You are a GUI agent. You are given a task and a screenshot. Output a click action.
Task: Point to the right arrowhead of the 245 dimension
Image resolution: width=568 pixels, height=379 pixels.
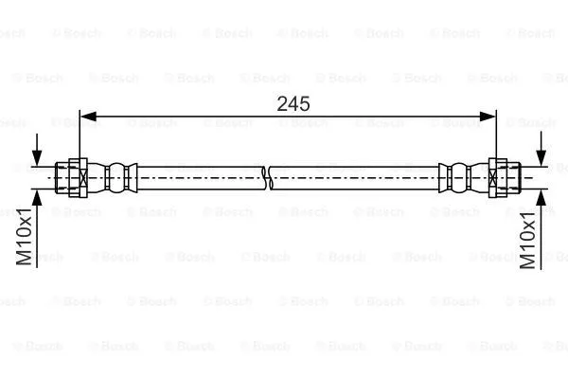[x=489, y=117]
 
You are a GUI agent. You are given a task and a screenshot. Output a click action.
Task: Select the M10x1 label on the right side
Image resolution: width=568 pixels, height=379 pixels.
[x=529, y=243]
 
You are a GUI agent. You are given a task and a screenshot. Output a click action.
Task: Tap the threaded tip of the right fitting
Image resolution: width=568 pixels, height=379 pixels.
[x=512, y=176]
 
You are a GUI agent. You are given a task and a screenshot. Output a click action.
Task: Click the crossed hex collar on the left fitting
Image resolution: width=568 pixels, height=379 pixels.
[x=81, y=176]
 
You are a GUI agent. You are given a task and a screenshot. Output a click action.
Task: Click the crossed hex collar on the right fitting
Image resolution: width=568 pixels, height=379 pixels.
[x=495, y=176]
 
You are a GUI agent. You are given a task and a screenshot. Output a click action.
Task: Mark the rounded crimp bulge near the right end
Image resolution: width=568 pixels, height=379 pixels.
[x=459, y=176]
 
